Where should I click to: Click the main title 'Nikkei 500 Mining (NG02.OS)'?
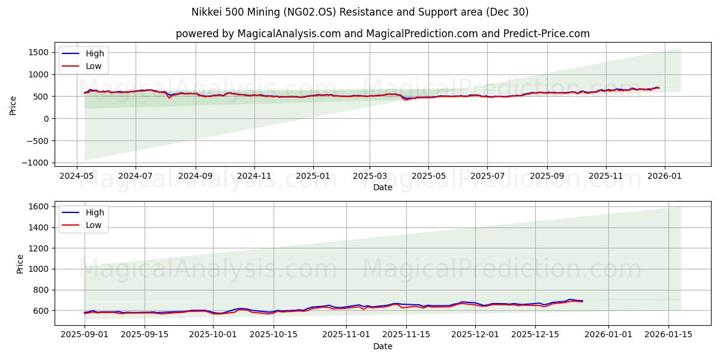coord(259,12)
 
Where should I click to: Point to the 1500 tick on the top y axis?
coord(38,52)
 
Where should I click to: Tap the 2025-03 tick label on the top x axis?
coord(369,176)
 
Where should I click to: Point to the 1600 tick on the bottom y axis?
coord(38,206)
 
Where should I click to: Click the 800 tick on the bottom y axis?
coord(40,290)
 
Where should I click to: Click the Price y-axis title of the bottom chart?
coord(20,264)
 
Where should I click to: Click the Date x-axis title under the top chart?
coord(382,187)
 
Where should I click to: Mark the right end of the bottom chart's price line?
coord(582,301)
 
